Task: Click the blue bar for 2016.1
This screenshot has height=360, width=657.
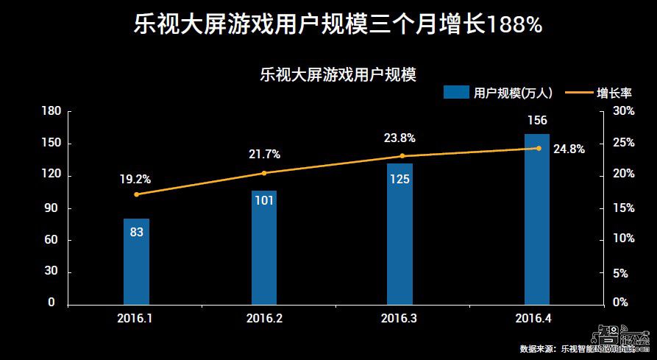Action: coord(136,261)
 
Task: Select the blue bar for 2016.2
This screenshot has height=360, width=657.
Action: coord(264,247)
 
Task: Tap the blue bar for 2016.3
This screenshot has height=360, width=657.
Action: coord(399,233)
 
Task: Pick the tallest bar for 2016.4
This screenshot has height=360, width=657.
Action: coord(536,218)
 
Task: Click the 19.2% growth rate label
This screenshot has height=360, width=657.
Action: coord(135,179)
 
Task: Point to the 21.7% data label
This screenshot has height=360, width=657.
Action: coord(264,155)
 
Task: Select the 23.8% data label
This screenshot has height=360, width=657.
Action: coord(399,138)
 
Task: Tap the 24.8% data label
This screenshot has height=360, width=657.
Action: coord(569,149)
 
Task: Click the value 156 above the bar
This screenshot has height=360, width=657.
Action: coord(536,121)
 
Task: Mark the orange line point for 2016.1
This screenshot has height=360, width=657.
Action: coord(136,194)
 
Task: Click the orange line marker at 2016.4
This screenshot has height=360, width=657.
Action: coord(538,148)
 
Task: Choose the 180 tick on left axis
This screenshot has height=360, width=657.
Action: coord(51,111)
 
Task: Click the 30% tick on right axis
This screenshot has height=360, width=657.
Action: coord(623,111)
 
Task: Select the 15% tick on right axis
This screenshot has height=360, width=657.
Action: coord(623,208)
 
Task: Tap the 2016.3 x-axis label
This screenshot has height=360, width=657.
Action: coord(399,320)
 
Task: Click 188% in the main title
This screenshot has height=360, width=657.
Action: coord(514,25)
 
